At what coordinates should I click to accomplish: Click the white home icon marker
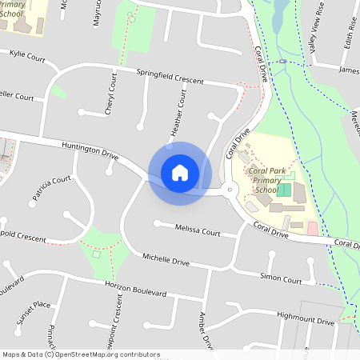click(x=180, y=172)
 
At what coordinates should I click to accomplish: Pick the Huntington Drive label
click(x=90, y=150)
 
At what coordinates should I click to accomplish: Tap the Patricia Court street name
click(x=51, y=190)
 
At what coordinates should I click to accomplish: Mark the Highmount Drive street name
click(x=306, y=319)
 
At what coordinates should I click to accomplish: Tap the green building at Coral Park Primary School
click(x=283, y=190)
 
